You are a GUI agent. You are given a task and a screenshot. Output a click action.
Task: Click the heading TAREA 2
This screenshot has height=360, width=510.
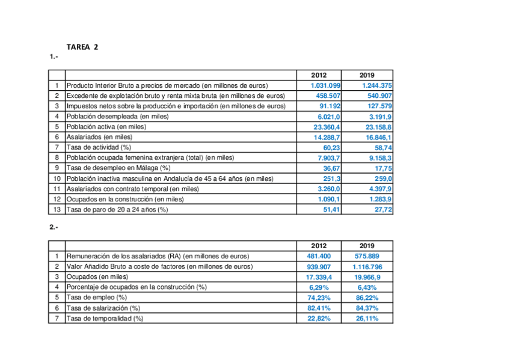click(x=82, y=47)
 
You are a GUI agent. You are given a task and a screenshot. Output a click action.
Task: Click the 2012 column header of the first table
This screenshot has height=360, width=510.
click(x=319, y=75)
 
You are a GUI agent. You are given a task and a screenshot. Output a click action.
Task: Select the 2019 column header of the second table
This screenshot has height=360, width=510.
click(x=367, y=246)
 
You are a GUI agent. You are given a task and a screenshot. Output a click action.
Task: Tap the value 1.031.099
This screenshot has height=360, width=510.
click(x=326, y=85)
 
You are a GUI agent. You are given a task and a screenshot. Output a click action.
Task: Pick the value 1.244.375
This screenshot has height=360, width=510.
click(x=377, y=85)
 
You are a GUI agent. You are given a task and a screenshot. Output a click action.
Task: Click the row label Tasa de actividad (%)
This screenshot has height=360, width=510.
click(x=99, y=147)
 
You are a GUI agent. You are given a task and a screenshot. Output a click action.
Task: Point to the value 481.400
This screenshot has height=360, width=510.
click(x=319, y=256)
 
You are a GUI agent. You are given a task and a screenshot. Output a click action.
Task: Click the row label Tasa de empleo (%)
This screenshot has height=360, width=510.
click(x=97, y=297)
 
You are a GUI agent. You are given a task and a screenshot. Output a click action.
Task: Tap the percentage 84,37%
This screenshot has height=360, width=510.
click(x=367, y=308)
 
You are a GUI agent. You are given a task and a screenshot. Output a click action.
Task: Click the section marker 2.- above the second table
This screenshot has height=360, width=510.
click(x=54, y=227)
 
